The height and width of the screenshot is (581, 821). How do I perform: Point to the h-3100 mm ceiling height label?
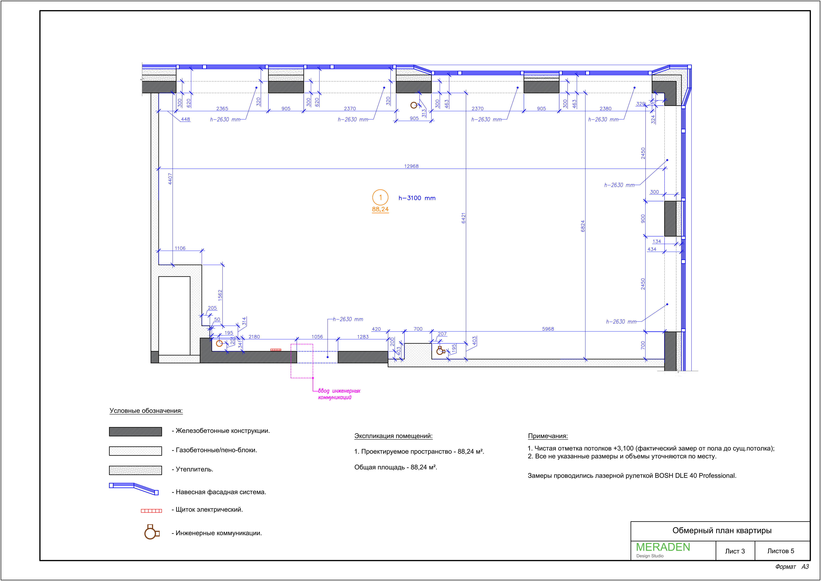[x=417, y=198]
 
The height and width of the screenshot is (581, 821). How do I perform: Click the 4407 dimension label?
[x=170, y=179]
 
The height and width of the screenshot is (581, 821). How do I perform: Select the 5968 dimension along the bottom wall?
[x=548, y=329]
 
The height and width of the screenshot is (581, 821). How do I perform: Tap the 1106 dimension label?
[x=180, y=248]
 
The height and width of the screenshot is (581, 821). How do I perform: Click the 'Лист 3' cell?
[x=735, y=551]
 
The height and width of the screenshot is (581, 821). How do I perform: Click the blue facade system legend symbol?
[x=134, y=489]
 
